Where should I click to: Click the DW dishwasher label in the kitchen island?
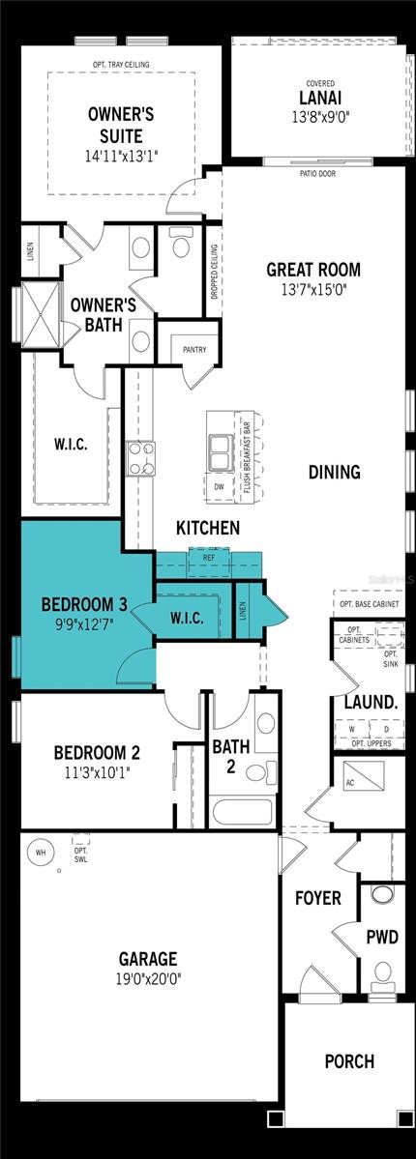pos(219,487)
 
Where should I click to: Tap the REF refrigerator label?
pos(209,558)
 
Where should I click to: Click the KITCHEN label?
pos(207,528)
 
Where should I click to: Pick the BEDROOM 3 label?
pos(84,605)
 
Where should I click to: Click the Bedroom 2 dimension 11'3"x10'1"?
pos(97,771)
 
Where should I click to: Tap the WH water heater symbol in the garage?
pos(40,853)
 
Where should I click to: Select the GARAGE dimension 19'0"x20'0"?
pos(147,977)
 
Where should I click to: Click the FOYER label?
pos(317,898)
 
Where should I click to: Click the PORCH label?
pos(348,1061)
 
